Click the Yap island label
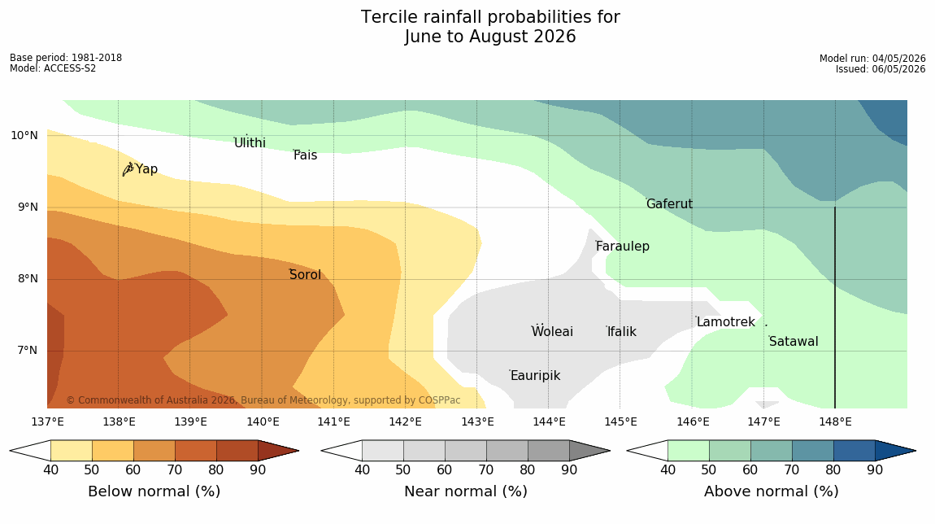[x=146, y=169]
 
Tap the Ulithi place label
[x=250, y=142]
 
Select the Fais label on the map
[x=306, y=155]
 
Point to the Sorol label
[x=306, y=274]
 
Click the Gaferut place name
[x=670, y=203]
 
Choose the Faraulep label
[x=623, y=246]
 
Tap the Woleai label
[x=552, y=331]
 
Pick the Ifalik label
[x=622, y=331]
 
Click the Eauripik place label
[x=536, y=375]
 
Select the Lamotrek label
[x=726, y=321]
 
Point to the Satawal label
[x=794, y=342]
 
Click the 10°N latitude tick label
[x=24, y=136]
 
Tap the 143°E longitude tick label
[x=477, y=422]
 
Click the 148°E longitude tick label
[x=836, y=422]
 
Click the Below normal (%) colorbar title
[x=154, y=491]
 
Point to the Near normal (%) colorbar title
[x=466, y=491]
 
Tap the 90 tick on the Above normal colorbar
[x=875, y=469]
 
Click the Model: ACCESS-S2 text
[x=53, y=68]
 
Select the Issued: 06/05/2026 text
[x=881, y=68]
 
